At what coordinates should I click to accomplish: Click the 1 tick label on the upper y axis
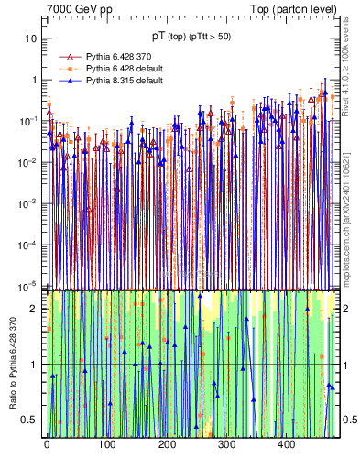34,80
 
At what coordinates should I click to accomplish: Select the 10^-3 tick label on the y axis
28,203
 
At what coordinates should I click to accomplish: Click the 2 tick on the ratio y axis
35,309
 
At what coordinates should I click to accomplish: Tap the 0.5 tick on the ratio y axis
31,420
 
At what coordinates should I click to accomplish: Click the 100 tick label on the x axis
106,444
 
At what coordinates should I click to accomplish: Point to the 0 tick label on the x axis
47,444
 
